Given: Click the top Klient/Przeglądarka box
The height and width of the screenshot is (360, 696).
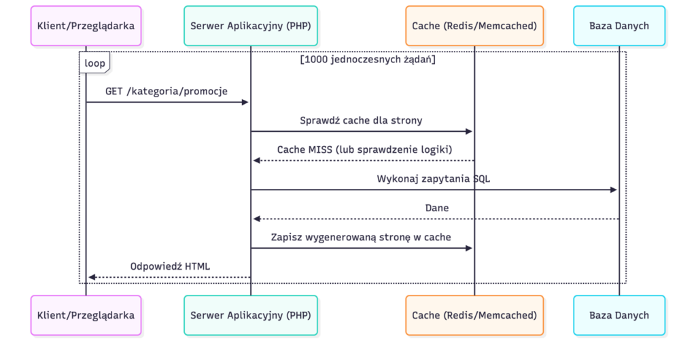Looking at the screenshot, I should click(86, 26).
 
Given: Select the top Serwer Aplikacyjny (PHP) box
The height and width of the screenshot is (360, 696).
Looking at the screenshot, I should click(250, 26).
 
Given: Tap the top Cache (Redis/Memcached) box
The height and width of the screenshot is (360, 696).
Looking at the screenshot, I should click(474, 26).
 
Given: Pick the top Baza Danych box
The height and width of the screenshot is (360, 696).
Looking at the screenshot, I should click(619, 26).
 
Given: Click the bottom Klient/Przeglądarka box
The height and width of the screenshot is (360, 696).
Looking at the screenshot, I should click(86, 315).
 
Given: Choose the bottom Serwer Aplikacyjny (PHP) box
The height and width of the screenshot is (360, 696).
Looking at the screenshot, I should click(250, 315).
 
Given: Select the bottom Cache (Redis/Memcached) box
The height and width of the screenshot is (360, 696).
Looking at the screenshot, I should click(474, 315).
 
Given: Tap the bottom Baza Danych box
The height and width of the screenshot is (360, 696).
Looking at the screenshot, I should click(619, 315).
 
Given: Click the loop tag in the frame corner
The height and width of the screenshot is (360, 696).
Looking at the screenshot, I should click(94, 63).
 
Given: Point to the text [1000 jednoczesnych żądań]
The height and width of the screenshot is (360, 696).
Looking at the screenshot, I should click(368, 60).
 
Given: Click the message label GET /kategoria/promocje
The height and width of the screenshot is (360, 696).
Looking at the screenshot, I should click(167, 91).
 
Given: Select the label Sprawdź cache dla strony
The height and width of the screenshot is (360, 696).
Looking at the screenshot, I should click(361, 120).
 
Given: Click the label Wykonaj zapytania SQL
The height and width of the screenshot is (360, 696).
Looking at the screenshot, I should click(434, 179).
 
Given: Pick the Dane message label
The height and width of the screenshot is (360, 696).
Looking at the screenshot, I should click(436, 208).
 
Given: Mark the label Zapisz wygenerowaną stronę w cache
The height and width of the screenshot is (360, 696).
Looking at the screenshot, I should click(361, 237).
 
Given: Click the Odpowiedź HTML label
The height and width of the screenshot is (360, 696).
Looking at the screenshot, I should click(170, 266).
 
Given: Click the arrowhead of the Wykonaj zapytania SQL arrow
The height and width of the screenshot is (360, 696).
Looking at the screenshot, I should click(613, 190).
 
